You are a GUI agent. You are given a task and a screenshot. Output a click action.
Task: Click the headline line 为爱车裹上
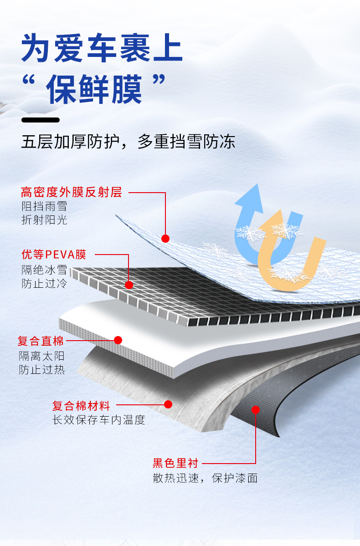point(102,47)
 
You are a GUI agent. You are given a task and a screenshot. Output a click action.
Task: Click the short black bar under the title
point(41,120)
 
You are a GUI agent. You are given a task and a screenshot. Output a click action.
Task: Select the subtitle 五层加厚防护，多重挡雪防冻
point(128,141)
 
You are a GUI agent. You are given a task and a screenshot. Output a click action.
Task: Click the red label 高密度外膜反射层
point(72,192)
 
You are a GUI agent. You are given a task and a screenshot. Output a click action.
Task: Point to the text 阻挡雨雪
point(44,206)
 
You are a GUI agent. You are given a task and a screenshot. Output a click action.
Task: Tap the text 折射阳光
point(44,220)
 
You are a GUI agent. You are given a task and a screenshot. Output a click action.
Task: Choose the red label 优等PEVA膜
point(54,254)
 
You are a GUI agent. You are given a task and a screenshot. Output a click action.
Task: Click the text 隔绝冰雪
point(44,270)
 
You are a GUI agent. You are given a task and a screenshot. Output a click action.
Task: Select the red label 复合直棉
point(41,340)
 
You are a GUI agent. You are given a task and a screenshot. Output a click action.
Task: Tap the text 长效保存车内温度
point(99,420)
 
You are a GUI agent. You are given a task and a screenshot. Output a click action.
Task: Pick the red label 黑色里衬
point(175,464)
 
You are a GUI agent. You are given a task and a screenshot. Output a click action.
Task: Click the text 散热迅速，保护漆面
point(205,478)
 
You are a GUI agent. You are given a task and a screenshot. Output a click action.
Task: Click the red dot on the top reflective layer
point(165,238)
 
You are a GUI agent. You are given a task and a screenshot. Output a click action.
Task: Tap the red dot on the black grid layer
point(129,285)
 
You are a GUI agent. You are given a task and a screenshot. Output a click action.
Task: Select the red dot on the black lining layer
point(256,410)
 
